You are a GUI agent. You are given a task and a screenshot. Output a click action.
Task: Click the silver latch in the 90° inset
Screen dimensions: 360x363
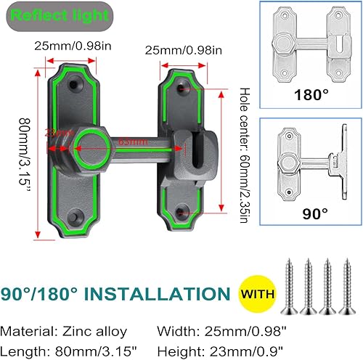(305, 163)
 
